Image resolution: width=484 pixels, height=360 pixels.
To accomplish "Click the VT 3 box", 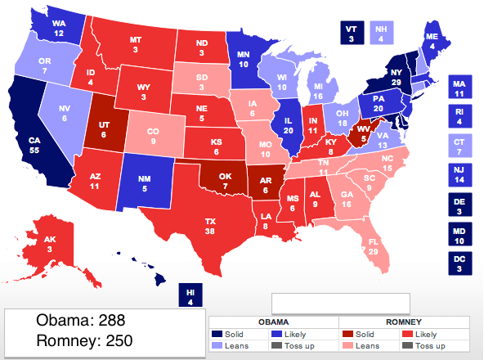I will pyautogui.click(x=352, y=32).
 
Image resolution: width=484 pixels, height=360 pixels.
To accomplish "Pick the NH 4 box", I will pyautogui.click(x=380, y=32).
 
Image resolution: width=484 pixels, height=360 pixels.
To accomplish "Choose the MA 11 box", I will pyautogui.click(x=461, y=88).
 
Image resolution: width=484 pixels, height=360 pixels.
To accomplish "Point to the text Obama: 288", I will pyautogui.click(x=80, y=321).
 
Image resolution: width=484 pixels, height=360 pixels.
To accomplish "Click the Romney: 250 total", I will pyautogui.click(x=85, y=340).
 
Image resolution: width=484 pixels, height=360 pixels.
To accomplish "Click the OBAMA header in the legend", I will pyautogui.click(x=273, y=322).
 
